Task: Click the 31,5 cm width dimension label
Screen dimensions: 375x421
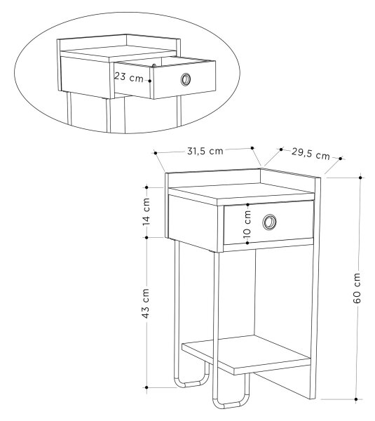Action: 205,151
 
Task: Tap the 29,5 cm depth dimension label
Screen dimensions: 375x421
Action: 311,154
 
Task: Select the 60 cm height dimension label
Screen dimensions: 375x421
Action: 357,288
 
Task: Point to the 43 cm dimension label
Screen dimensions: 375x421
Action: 146,304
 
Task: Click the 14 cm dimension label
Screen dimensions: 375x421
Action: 146,212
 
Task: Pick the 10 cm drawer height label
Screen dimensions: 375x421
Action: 247,224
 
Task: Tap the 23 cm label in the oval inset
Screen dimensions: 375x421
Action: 129,77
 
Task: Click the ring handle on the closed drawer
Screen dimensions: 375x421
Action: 269,222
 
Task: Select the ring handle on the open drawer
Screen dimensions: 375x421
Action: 186,79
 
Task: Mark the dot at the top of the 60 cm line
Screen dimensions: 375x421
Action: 360,178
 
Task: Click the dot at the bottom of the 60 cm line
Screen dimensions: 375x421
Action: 356,399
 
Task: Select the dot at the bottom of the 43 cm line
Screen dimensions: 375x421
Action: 146,387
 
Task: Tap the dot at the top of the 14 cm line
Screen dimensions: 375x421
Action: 146,187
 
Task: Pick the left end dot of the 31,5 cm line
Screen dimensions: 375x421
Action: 156,153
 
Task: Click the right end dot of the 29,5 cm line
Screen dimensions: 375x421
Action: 341,159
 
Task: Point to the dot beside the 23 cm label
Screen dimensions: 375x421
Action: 150,80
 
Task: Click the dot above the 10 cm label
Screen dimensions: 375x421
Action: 247,205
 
